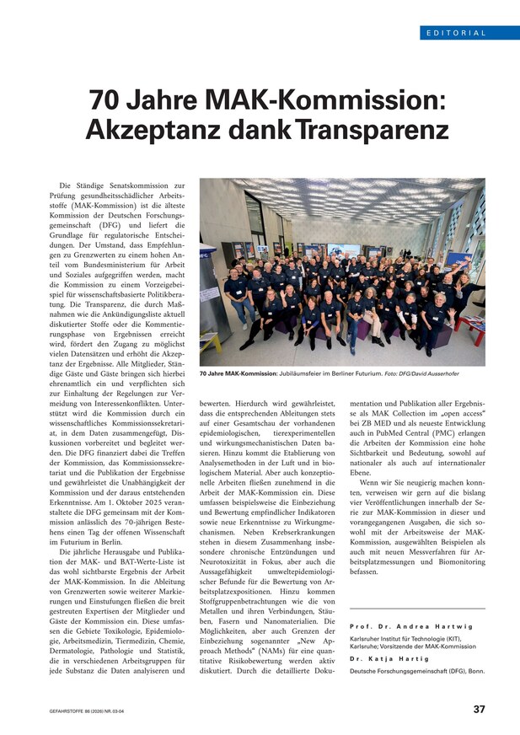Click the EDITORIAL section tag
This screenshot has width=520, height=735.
[x=456, y=33]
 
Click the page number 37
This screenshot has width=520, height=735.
[x=478, y=710]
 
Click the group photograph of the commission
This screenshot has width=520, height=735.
[x=341, y=271]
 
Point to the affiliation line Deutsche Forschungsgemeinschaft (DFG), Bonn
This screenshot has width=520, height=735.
[x=417, y=671]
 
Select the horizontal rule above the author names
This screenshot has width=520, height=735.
[x=417, y=609]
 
